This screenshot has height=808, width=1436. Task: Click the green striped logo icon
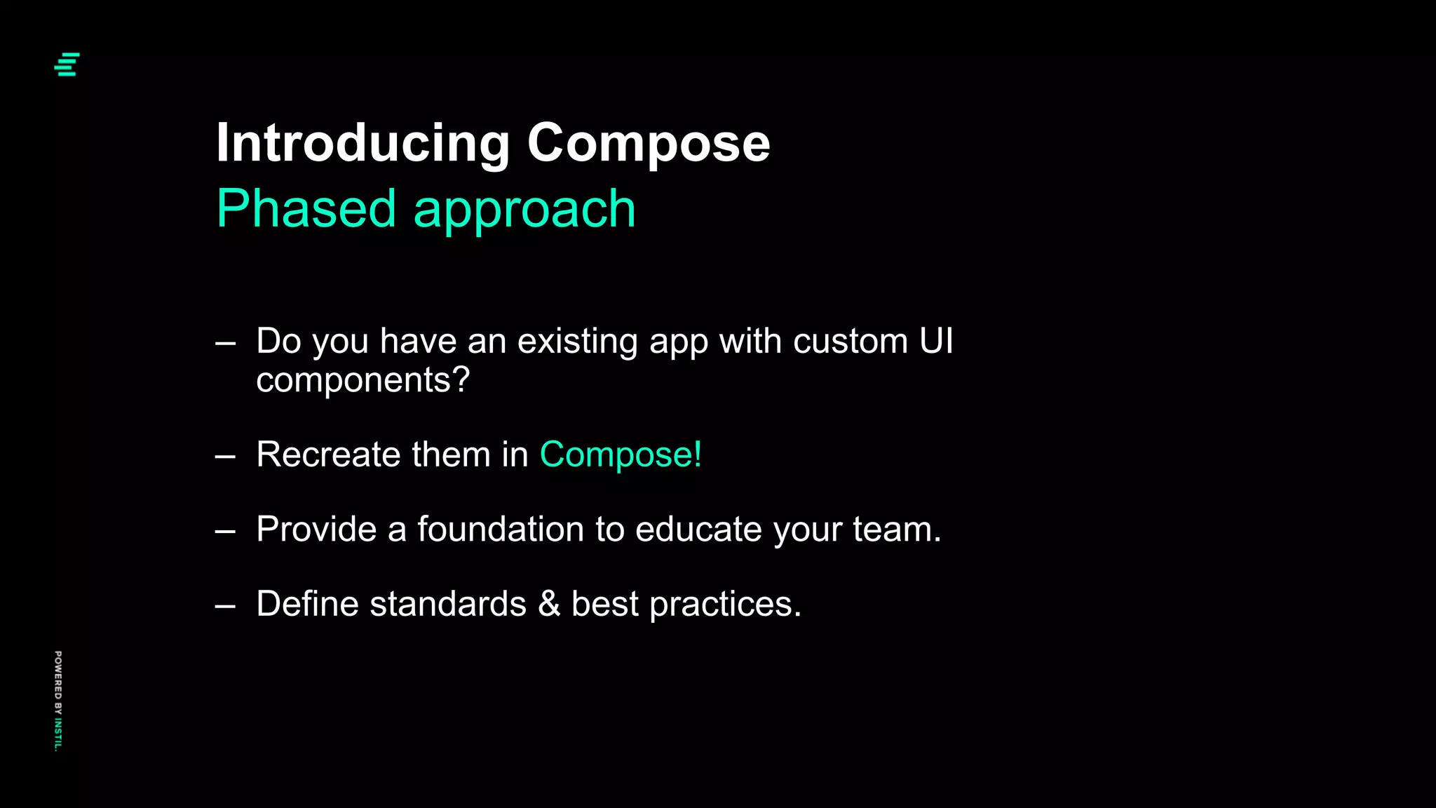pyautogui.click(x=67, y=64)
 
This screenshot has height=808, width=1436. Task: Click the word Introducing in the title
pyautogui.click(x=363, y=143)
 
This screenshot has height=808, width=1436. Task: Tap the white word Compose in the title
pyautogui.click(x=648, y=143)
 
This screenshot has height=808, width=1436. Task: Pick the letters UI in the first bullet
pyautogui.click(x=935, y=341)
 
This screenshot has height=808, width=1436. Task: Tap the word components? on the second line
pyautogui.click(x=363, y=381)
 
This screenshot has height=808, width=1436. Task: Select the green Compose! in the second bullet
pyautogui.click(x=621, y=455)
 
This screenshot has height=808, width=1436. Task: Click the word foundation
pyautogui.click(x=501, y=529)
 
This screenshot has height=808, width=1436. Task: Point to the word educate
pyautogui.click(x=698, y=529)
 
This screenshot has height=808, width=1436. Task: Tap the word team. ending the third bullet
pyautogui.click(x=897, y=529)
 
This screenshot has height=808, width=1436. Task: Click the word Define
pyautogui.click(x=307, y=604)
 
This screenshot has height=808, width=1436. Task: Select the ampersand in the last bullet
pyautogui.click(x=549, y=604)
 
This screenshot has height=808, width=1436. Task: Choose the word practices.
pyautogui.click(x=725, y=605)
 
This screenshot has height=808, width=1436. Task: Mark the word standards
pyautogui.click(x=448, y=604)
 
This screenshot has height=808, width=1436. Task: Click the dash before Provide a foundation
pyautogui.click(x=225, y=532)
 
